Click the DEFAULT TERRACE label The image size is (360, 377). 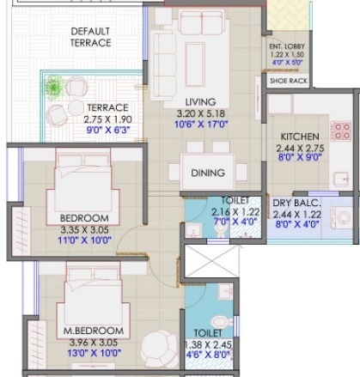[91, 37]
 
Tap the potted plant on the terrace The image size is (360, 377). [53, 87]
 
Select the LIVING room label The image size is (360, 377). [200, 102]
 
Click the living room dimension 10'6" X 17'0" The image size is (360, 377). [201, 125]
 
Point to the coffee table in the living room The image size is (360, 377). [195, 64]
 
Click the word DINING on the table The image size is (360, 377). [208, 173]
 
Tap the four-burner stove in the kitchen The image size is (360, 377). [341, 131]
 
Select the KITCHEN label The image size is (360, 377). [300, 137]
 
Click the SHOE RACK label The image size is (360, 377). [289, 81]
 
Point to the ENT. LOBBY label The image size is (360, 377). [287, 46]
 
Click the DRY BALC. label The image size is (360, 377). [296, 203]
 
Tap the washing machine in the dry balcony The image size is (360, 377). [342, 217]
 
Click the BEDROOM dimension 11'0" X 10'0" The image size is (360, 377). [84, 240]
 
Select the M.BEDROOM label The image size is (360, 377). [94, 331]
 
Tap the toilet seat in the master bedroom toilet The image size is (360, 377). [222, 322]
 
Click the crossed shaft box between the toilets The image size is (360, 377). [211, 261]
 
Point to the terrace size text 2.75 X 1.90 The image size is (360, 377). [107, 119]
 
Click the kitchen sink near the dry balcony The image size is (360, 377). [341, 179]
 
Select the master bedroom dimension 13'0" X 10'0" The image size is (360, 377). [95, 353]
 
